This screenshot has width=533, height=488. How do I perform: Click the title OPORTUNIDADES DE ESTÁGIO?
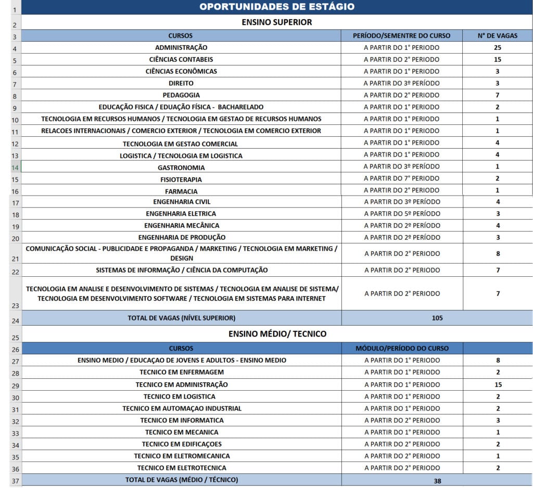(277, 7)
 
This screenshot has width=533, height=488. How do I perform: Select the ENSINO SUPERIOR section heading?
(277, 22)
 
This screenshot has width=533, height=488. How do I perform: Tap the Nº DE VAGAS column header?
(498, 36)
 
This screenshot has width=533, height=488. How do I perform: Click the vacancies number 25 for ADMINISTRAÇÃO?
(498, 48)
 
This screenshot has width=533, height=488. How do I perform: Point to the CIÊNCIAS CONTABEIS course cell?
(181, 60)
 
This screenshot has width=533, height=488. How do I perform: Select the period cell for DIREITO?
(401, 83)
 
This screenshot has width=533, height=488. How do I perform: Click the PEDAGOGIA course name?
(181, 95)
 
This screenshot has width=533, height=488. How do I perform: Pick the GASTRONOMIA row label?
(181, 168)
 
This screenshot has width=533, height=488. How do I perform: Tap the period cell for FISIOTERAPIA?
(401, 179)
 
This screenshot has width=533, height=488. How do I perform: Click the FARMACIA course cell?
(181, 191)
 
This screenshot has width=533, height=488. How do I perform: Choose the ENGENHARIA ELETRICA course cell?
(181, 214)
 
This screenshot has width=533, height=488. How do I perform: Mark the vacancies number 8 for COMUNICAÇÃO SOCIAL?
(498, 254)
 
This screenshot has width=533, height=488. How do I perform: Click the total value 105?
(437, 318)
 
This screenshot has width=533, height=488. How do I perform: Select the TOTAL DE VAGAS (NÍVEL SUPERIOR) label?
(181, 318)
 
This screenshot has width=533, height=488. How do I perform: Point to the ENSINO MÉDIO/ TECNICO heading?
(277, 334)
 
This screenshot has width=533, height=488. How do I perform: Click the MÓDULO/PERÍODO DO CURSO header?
(401, 348)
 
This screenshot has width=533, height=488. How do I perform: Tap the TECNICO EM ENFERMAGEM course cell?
(181, 372)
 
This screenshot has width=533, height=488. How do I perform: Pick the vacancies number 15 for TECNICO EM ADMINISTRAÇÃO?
(498, 384)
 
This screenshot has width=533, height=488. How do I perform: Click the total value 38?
(437, 481)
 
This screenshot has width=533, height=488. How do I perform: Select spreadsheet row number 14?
(15, 168)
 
